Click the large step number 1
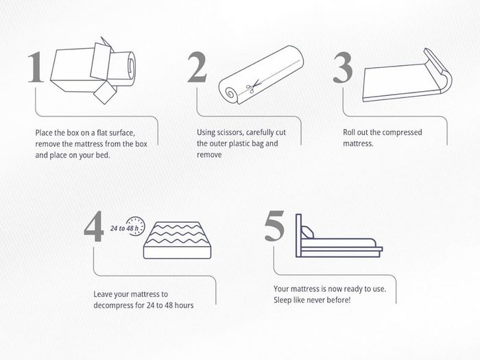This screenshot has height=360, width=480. coord(36,67)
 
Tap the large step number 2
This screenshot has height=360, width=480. coord(197,67)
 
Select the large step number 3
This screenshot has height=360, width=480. coord(343,68)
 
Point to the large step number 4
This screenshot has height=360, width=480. coord(94,226)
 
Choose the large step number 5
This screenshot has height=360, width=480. coord(274,226)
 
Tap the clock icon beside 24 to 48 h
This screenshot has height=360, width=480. coord(136,226)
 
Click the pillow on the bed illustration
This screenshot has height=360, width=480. coord(307,232)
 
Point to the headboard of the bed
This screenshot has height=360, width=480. coord(298,235)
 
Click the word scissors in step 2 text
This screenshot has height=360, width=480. coord(230,132)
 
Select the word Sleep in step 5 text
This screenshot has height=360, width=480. coord(283,300)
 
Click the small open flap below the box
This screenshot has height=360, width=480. coord(105,93)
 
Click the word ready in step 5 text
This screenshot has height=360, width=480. coord(354,289)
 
